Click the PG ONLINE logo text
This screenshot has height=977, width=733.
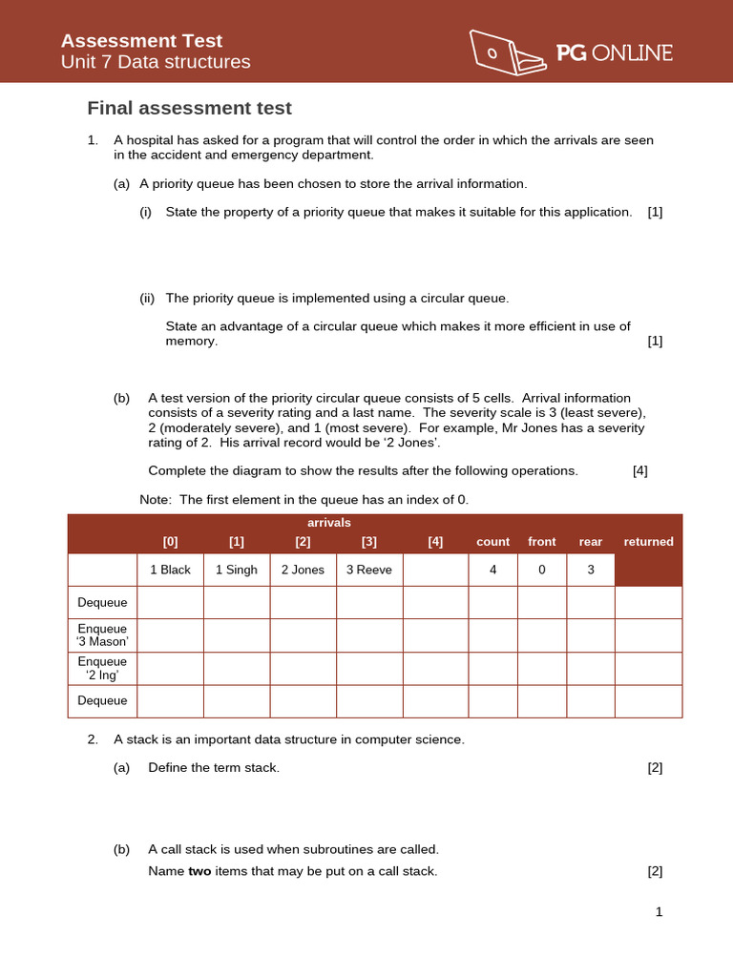(615, 53)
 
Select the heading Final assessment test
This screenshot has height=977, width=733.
(189, 108)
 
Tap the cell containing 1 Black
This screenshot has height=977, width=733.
(171, 570)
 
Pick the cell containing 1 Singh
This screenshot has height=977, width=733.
(237, 570)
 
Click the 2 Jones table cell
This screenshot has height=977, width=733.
(303, 570)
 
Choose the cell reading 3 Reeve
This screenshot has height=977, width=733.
(368, 570)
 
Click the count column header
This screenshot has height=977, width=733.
(493, 542)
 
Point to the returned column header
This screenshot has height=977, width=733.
(648, 542)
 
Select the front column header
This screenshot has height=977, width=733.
(541, 542)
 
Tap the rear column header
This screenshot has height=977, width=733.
(591, 542)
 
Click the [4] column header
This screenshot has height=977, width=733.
(435, 542)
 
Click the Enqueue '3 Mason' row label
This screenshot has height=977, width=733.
(102, 635)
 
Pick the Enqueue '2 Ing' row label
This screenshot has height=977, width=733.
(102, 668)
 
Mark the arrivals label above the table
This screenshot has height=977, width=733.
(329, 523)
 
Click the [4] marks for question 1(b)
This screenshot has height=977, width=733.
(640, 470)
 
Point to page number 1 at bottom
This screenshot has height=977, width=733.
(659, 912)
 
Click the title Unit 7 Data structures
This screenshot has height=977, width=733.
(156, 62)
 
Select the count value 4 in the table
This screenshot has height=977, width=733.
(493, 570)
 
